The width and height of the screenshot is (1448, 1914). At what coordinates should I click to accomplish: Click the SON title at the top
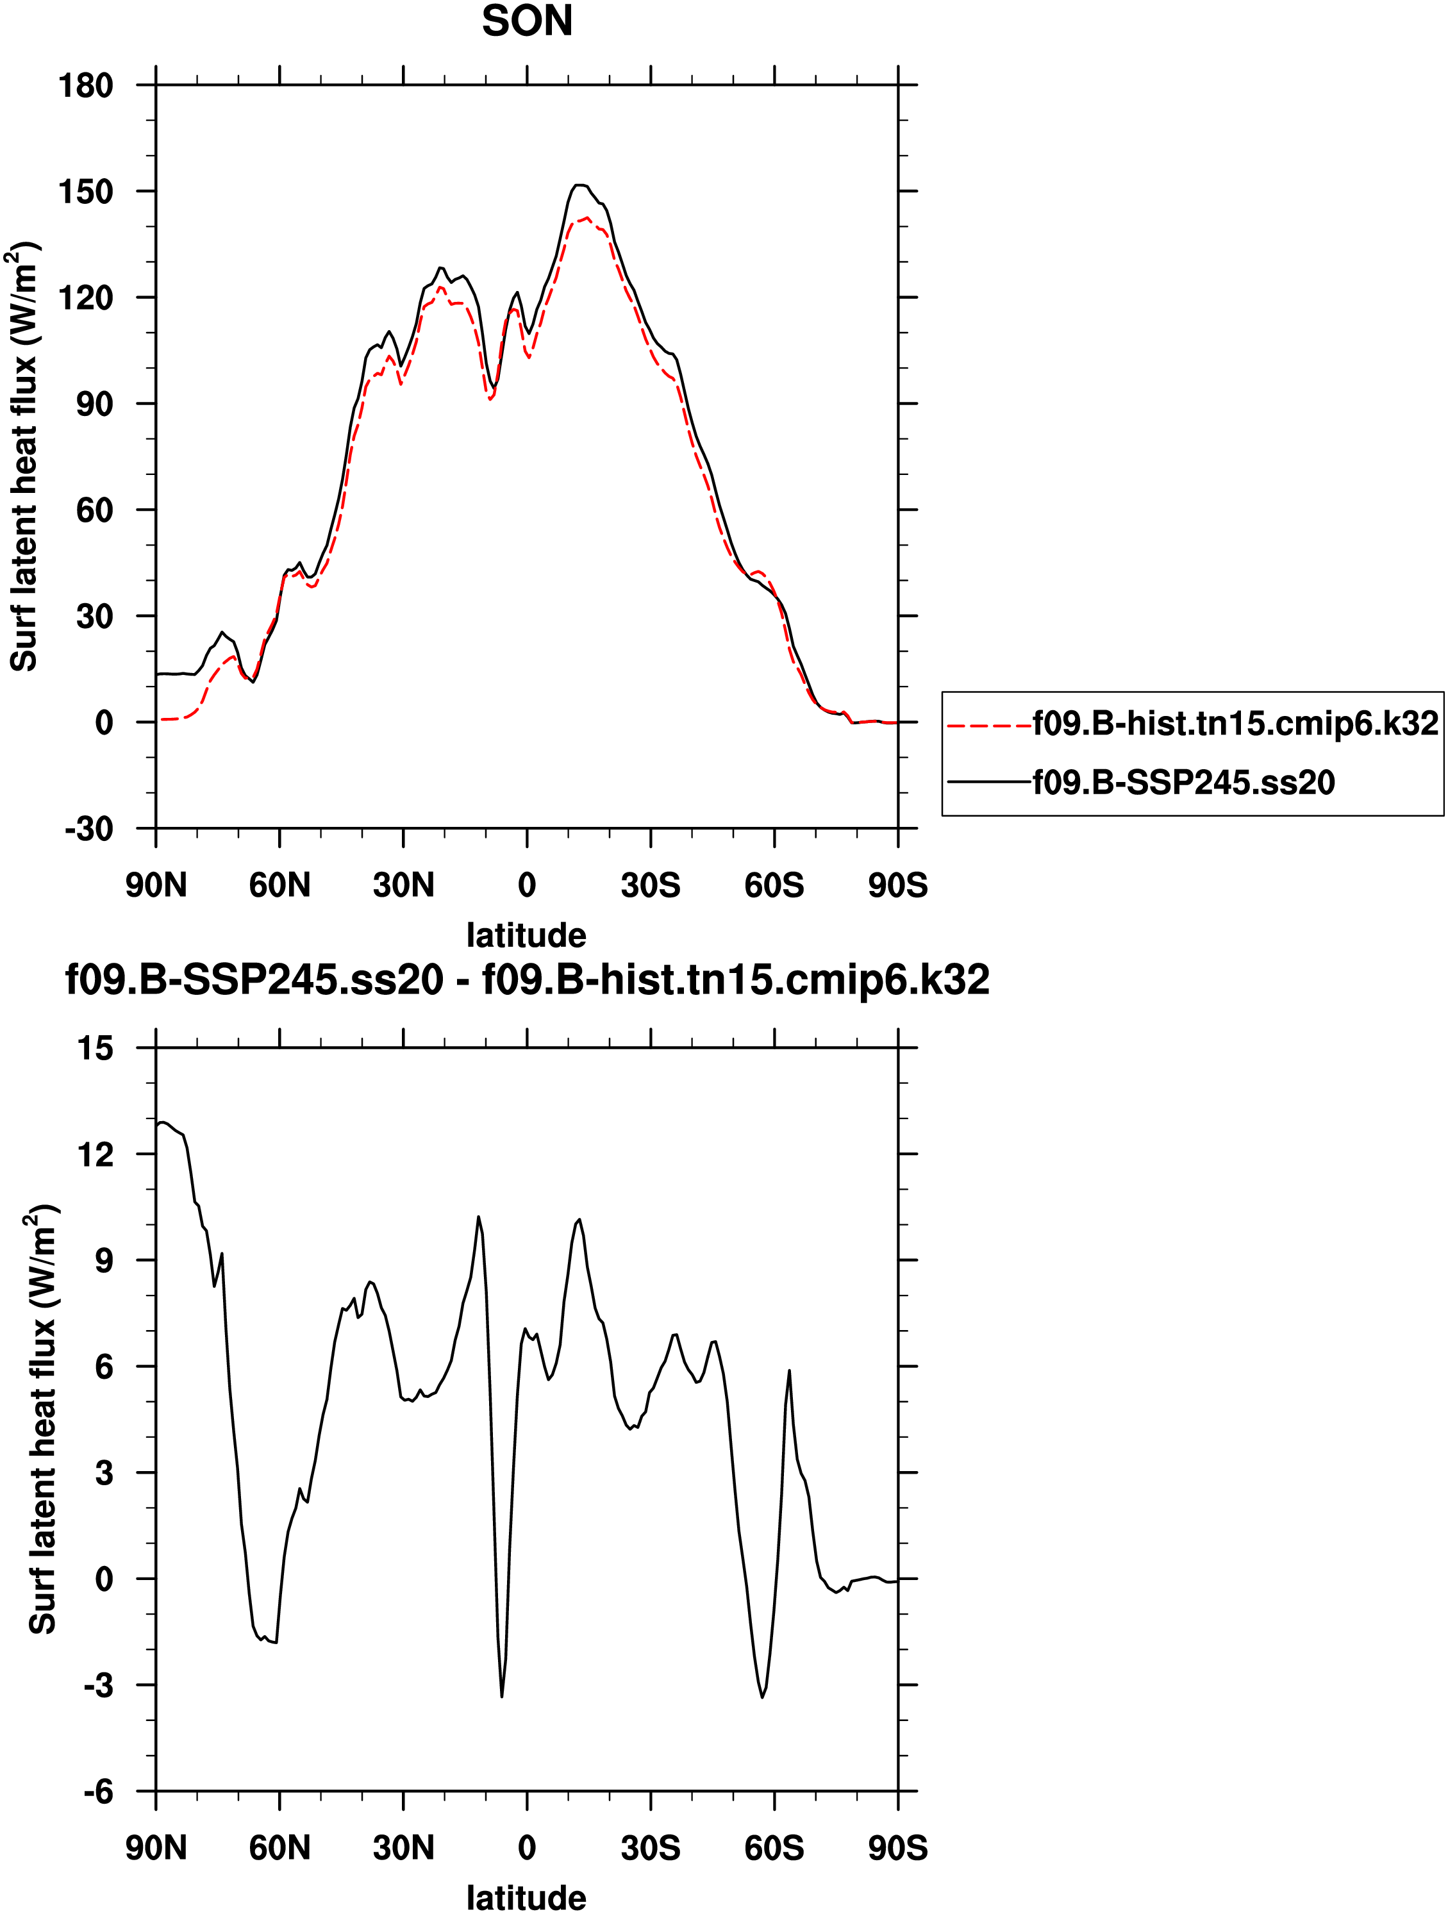pos(526,22)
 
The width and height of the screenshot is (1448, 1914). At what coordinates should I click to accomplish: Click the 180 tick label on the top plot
pos(86,86)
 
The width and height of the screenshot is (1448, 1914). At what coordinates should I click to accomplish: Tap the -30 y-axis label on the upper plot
pos(89,829)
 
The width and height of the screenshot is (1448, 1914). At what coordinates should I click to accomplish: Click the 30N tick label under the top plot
pos(403,885)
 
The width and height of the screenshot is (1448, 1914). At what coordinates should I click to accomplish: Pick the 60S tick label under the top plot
pos(774,885)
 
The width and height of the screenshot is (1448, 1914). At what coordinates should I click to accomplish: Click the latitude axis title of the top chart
pos(526,935)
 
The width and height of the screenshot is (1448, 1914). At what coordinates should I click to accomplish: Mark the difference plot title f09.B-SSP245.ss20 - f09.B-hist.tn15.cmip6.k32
pos(527,980)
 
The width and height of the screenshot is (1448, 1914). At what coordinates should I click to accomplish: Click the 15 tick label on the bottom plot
pos(96,1049)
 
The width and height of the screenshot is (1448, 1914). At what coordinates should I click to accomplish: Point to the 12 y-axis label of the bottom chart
pos(96,1154)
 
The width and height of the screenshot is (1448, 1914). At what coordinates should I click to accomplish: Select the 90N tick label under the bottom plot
pos(156,1848)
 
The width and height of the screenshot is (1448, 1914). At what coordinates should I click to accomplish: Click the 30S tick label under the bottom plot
pos(650,1848)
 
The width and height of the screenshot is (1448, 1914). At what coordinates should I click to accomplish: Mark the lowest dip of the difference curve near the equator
pos(501,1697)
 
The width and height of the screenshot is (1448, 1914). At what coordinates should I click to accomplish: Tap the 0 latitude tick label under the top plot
pos(526,885)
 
